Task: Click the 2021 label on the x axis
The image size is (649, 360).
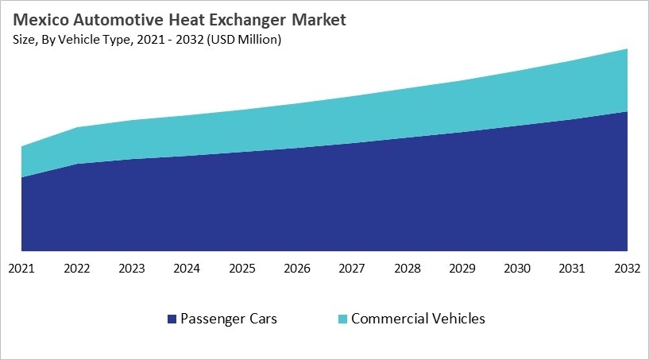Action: (x=21, y=269)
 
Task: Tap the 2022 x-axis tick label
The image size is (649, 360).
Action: (x=76, y=269)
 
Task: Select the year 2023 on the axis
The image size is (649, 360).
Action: (x=132, y=269)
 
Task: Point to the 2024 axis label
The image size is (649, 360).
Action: (x=187, y=269)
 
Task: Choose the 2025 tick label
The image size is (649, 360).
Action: (x=242, y=269)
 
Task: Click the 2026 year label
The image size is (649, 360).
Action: (x=297, y=269)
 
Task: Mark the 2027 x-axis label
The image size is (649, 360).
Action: (x=352, y=269)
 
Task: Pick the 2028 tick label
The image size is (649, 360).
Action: (x=408, y=269)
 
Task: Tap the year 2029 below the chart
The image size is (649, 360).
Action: (x=462, y=269)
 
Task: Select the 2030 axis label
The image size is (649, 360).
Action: (x=518, y=269)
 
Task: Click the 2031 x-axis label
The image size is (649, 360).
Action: (x=573, y=269)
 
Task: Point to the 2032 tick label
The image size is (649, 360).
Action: (x=628, y=269)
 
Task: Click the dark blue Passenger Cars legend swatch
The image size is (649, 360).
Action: (x=171, y=319)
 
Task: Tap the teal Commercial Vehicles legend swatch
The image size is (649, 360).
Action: (x=342, y=319)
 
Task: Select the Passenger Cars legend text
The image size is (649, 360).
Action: (x=229, y=319)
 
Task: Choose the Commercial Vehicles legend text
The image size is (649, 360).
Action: (x=418, y=319)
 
